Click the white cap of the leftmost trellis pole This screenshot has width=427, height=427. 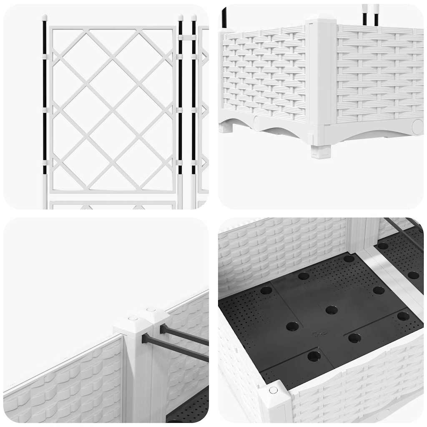coord(44,18)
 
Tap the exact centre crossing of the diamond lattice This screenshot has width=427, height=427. coord(111,109)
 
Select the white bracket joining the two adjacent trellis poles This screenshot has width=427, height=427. coord(187,37)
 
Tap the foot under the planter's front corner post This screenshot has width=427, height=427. coord(321,151)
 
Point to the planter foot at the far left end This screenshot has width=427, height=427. coord(226,127)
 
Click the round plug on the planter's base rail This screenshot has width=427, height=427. coord(417,126)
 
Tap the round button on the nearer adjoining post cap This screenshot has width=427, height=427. coord(133,318)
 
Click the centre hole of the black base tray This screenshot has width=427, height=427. coord(332,310)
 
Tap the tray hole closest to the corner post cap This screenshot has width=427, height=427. coord(314,356)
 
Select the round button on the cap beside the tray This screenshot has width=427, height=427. coord(273,390)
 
